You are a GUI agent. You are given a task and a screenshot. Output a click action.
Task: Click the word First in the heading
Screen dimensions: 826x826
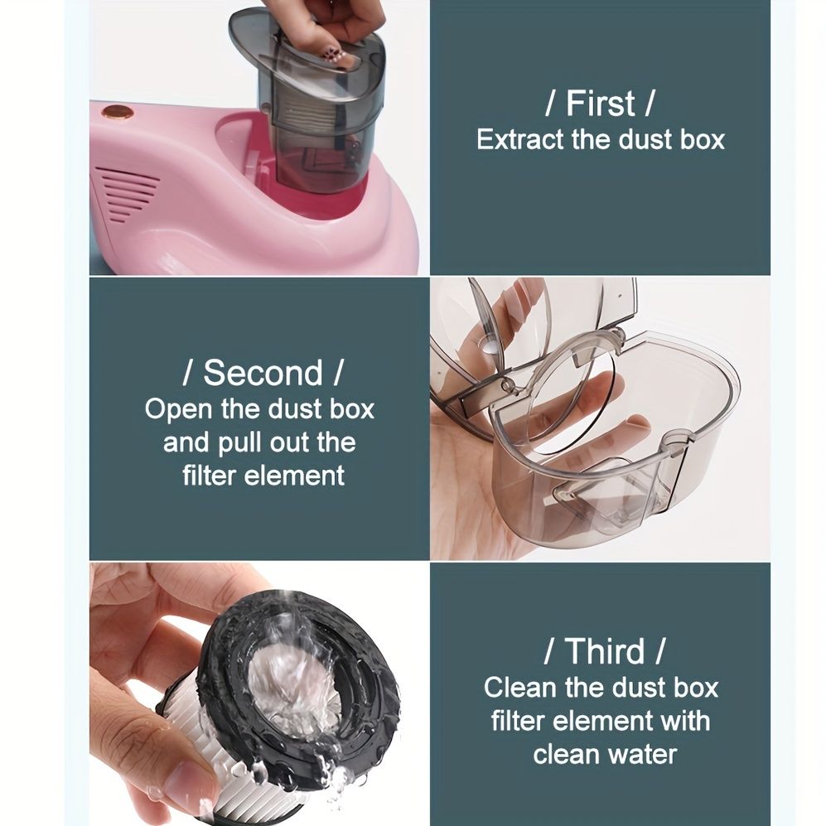[x=600, y=103]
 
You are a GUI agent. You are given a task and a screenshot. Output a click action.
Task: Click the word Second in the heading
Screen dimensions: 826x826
[x=263, y=373]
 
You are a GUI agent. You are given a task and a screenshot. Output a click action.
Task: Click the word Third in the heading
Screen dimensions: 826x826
[x=605, y=651]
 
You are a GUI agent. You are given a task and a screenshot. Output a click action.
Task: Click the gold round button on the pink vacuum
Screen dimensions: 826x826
[x=117, y=112]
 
